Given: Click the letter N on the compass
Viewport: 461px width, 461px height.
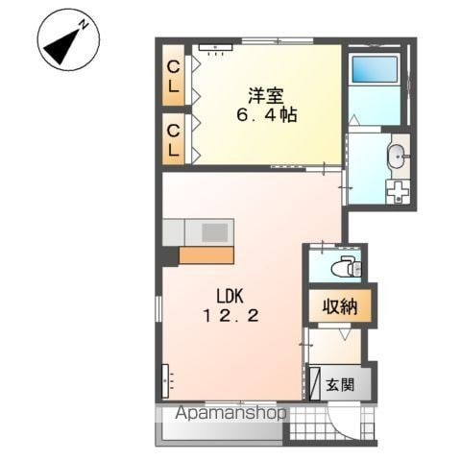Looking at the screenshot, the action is click(x=85, y=24).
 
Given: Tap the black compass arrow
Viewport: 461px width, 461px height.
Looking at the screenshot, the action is click(x=61, y=46).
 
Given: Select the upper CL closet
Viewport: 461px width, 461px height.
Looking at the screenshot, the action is click(x=173, y=76).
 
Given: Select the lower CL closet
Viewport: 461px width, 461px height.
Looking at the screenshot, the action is click(x=173, y=139).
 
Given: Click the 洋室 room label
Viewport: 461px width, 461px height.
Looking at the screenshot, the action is click(x=266, y=95).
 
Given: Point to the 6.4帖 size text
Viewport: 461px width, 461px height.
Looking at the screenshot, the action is click(x=267, y=114).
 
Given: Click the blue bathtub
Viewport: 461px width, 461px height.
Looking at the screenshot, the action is click(x=375, y=69).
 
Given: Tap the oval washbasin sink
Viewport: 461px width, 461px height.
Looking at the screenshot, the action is click(x=397, y=157).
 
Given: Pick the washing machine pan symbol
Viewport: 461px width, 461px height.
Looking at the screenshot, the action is click(x=398, y=191).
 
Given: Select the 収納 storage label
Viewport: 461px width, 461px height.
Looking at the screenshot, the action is click(x=340, y=306).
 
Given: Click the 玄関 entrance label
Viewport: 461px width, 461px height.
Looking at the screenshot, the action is click(x=340, y=384).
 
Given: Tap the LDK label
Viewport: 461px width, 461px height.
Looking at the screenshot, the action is click(x=230, y=297).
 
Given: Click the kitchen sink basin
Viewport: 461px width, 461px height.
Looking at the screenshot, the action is click(x=215, y=232).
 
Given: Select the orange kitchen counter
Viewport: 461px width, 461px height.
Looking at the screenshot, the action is click(x=206, y=255).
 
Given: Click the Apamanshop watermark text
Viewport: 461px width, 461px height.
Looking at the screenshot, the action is click(x=230, y=413).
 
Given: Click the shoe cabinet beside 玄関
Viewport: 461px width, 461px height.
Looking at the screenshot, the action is click(x=315, y=383).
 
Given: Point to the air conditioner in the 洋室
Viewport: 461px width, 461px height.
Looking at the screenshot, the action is click(x=215, y=47).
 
